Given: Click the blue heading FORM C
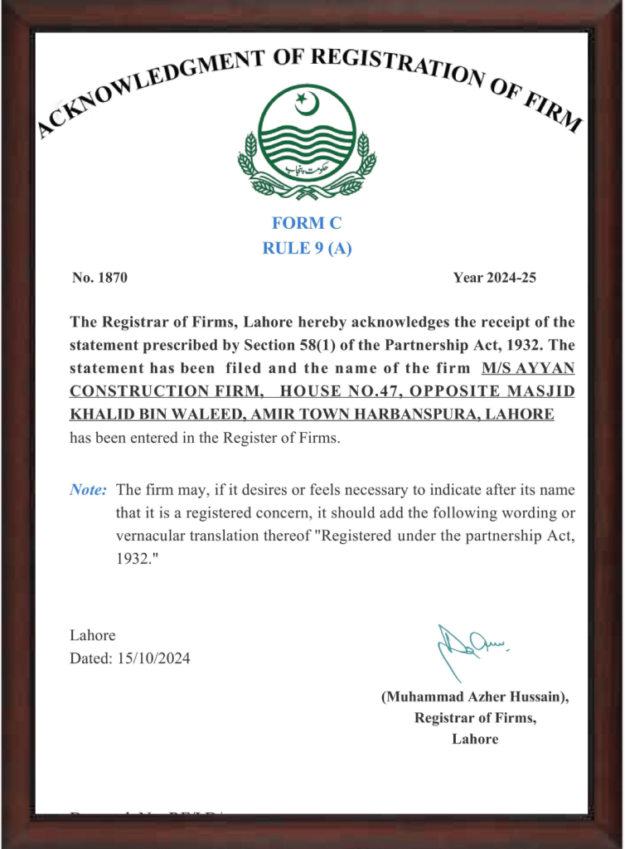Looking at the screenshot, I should [x=307, y=223].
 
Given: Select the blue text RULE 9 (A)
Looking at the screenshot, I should [x=307, y=248].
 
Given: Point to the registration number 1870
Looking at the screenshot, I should [x=112, y=278].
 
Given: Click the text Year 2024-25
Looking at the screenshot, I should [x=494, y=278].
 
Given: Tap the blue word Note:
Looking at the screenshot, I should [x=88, y=490].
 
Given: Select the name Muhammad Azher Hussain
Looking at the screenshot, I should [x=475, y=697].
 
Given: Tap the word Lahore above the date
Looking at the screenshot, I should [x=92, y=636].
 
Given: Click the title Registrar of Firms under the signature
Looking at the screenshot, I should [x=475, y=718].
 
